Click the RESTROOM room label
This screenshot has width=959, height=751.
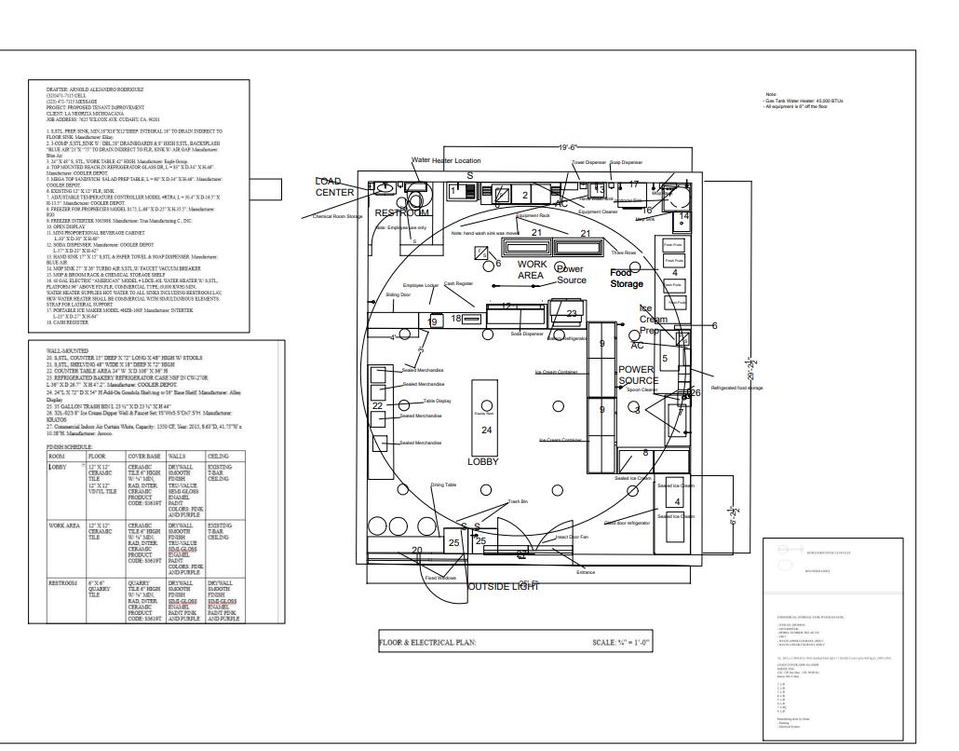[x=402, y=213]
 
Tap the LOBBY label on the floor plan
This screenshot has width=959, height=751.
[x=483, y=461]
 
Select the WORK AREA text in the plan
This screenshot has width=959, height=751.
[x=532, y=270]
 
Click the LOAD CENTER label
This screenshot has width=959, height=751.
[x=334, y=186]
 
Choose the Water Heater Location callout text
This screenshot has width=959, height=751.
[x=446, y=161]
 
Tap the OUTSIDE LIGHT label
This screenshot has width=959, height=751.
[x=502, y=586]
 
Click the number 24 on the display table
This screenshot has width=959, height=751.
[x=486, y=430]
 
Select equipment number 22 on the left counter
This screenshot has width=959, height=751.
[x=377, y=406]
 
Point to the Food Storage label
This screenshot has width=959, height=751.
[x=627, y=278]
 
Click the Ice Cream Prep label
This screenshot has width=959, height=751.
[x=652, y=319]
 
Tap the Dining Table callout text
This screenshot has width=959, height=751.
[x=443, y=485]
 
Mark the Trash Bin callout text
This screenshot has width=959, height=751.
[x=518, y=502]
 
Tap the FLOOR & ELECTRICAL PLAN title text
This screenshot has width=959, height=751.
[x=427, y=642]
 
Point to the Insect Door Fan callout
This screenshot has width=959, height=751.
[x=572, y=537]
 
